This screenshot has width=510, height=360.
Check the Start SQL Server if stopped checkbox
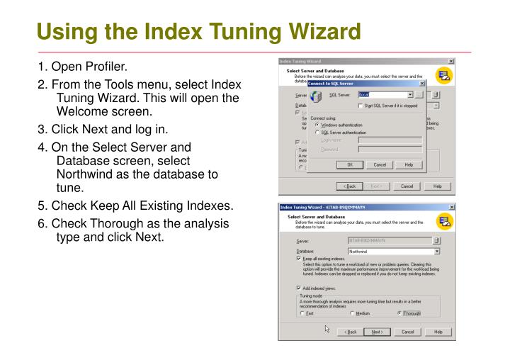(366, 106)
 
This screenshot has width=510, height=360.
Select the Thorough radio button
(401, 313)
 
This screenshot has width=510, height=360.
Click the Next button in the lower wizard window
(378, 332)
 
